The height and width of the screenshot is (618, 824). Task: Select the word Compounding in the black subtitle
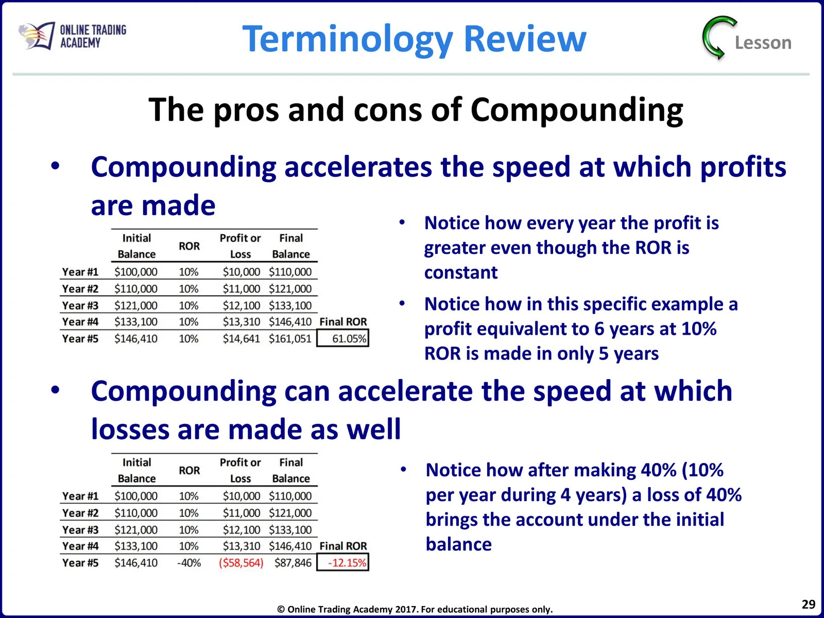(577, 110)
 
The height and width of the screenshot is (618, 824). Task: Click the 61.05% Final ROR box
(343, 338)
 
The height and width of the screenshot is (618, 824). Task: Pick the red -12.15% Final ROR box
(343, 562)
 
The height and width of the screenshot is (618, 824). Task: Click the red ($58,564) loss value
(241, 563)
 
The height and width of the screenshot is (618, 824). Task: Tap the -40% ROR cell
(189, 563)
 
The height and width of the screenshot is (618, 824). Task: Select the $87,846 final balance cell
(293, 563)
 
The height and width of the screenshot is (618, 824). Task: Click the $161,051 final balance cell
(290, 339)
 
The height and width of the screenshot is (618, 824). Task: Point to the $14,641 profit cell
(242, 339)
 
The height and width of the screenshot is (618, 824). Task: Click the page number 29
(808, 604)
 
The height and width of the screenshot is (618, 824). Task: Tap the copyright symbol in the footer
(281, 609)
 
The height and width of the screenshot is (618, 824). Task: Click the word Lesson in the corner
(763, 43)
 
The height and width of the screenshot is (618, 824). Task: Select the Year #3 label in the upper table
(80, 305)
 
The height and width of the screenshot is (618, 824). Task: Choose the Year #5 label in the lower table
(80, 563)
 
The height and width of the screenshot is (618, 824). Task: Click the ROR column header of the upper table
(189, 246)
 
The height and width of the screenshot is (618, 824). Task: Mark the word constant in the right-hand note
(461, 272)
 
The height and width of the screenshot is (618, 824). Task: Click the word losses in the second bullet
(130, 429)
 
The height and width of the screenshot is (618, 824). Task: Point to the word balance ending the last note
(459, 544)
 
